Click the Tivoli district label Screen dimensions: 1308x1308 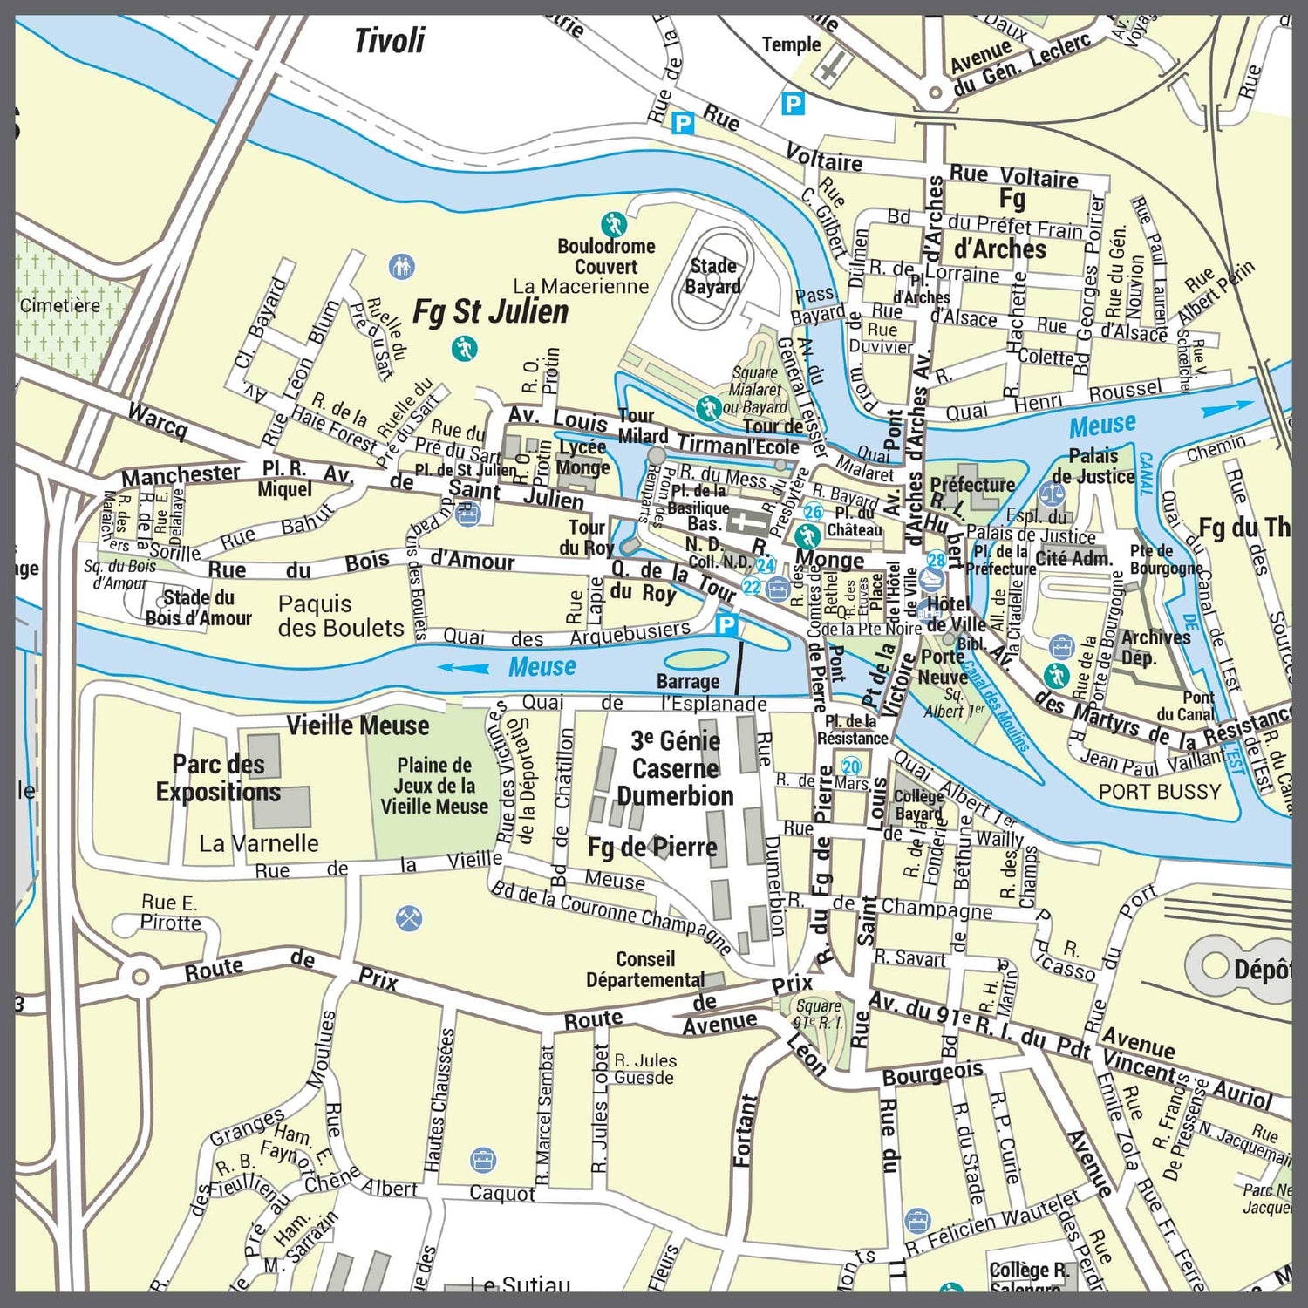389,41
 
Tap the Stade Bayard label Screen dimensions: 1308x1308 713,276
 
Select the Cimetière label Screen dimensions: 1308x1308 60,305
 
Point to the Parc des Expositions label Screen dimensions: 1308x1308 218,778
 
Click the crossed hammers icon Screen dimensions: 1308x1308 409,917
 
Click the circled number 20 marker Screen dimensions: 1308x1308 850,766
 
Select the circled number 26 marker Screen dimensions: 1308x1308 813,512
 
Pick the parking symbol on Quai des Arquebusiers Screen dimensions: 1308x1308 726,624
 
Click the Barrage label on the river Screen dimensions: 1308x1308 688,681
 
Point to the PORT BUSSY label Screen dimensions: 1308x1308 1159,792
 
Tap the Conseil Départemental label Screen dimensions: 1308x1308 644,970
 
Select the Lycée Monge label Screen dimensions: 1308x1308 582,457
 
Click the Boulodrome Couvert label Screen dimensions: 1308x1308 606,256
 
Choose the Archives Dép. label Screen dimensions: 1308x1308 1155,646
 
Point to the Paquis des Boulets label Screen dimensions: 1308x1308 341,616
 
